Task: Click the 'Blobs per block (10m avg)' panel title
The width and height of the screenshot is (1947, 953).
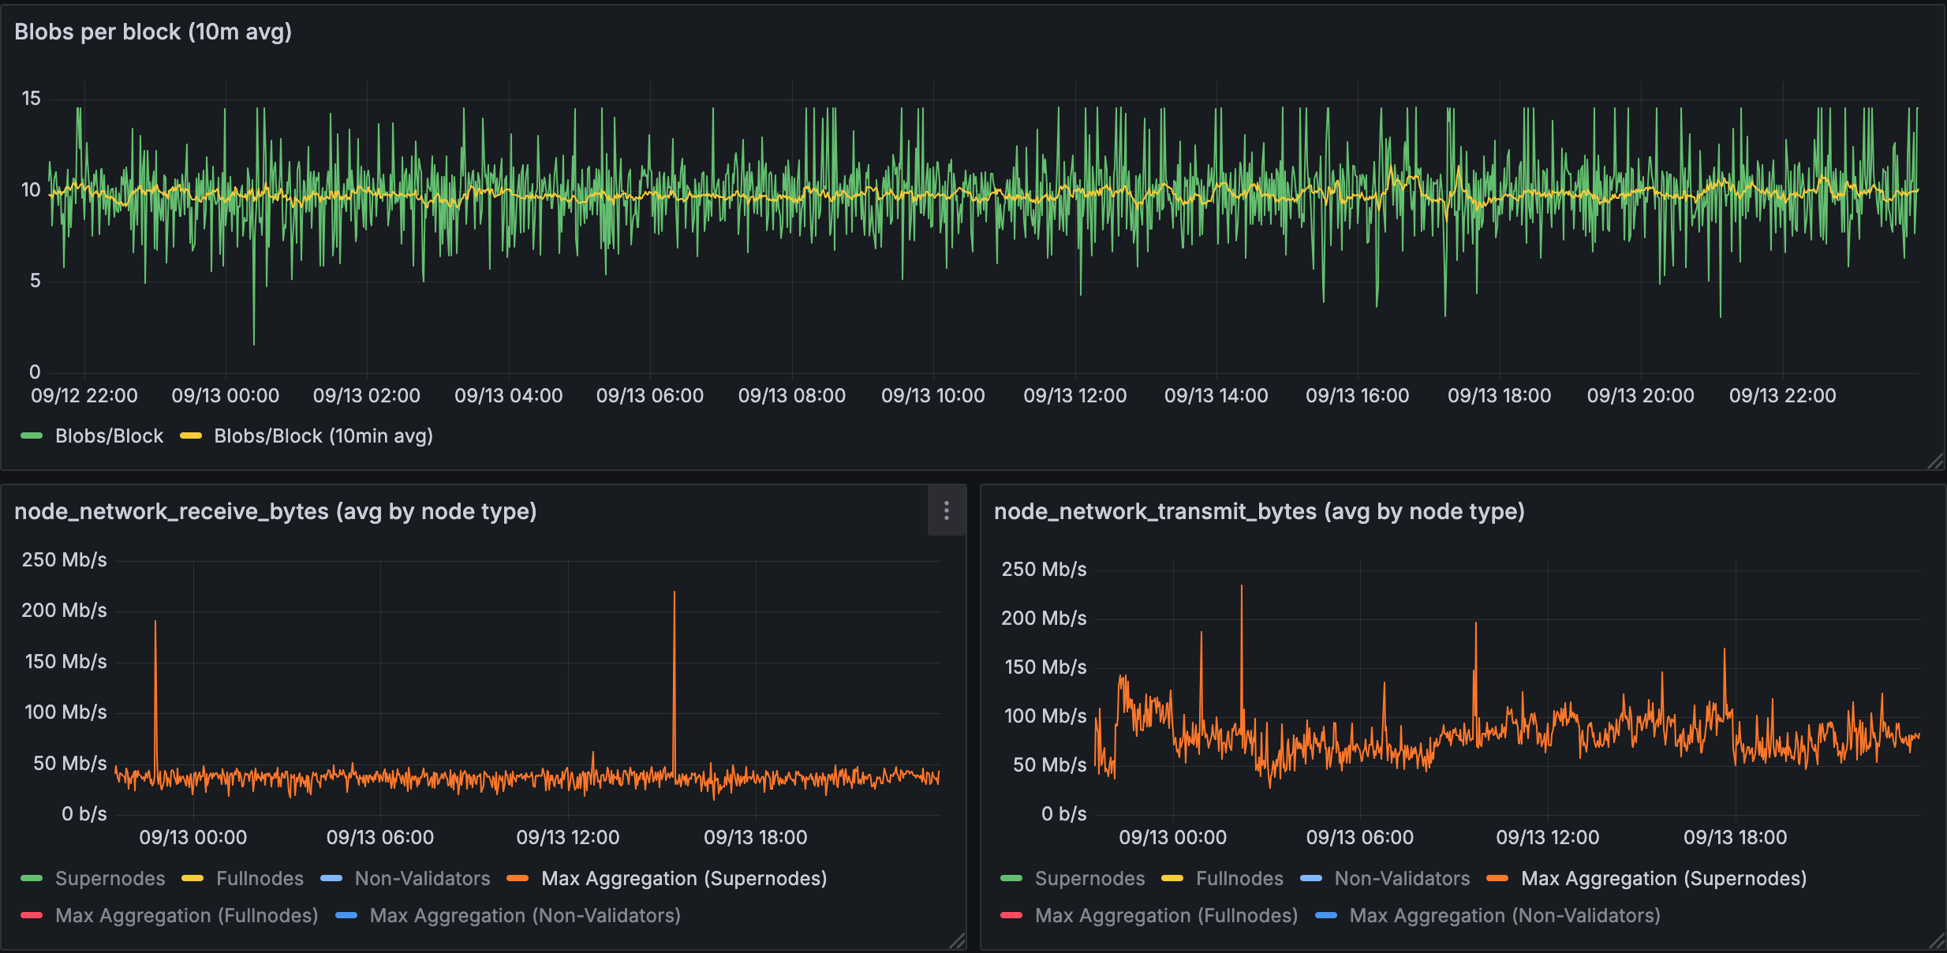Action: [x=153, y=32]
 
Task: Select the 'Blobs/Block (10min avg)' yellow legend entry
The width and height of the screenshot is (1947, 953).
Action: [x=323, y=435]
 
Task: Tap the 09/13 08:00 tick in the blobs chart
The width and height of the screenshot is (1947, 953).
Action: [x=791, y=395]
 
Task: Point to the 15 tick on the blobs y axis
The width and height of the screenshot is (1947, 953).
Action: [x=31, y=99]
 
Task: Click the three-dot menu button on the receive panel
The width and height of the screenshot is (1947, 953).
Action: [x=947, y=510]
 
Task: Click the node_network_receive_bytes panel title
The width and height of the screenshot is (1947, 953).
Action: [x=275, y=511]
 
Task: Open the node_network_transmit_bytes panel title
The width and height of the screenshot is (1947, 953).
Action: [x=1258, y=511]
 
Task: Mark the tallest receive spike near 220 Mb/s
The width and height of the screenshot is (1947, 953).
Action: [x=674, y=593]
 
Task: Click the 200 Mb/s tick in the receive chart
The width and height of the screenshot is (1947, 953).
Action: [x=64, y=610]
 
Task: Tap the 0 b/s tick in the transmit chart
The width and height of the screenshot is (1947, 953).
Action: [x=1063, y=813]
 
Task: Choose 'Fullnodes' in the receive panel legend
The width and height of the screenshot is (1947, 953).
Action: [x=260, y=878]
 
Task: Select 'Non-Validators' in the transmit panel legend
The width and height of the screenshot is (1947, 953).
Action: [x=1401, y=878]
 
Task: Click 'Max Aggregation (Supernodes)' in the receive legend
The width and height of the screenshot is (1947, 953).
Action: [x=683, y=878]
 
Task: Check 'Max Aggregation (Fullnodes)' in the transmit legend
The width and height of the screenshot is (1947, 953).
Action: [x=1165, y=915]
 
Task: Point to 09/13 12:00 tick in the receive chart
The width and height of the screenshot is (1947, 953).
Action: [x=567, y=837]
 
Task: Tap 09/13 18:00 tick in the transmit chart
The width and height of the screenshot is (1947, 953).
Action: [x=1735, y=837]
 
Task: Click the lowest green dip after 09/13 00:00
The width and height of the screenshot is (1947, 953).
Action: [x=253, y=343]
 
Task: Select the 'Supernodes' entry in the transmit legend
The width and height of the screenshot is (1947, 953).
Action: [x=1089, y=878]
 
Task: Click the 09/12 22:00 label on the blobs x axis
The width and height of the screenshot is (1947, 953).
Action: [x=84, y=395]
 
